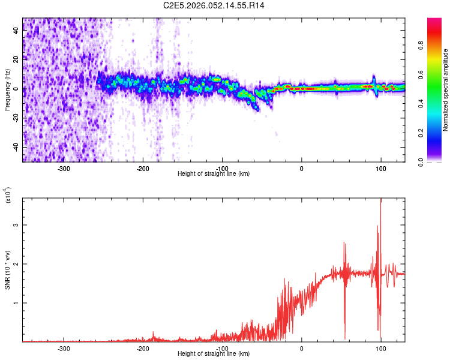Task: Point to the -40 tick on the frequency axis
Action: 16,148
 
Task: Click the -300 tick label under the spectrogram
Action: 64,168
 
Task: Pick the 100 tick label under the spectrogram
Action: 380,168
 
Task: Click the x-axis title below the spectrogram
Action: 214,174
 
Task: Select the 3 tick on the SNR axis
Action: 16,225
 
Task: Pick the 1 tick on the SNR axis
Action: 16,303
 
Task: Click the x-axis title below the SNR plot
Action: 214,354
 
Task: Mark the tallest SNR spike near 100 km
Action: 380,200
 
